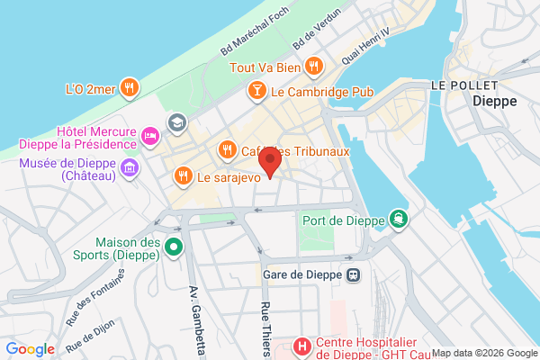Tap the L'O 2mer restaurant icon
pyautogui.click(x=130, y=88)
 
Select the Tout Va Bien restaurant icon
pyautogui.click(x=313, y=65)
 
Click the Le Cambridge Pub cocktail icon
pyautogui.click(x=256, y=91)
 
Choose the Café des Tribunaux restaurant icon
pyautogui.click(x=226, y=150)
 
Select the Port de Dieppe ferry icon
pyautogui.click(x=397, y=219)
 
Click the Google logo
pyautogui.click(x=30, y=349)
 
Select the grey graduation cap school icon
pyautogui.click(x=177, y=121)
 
